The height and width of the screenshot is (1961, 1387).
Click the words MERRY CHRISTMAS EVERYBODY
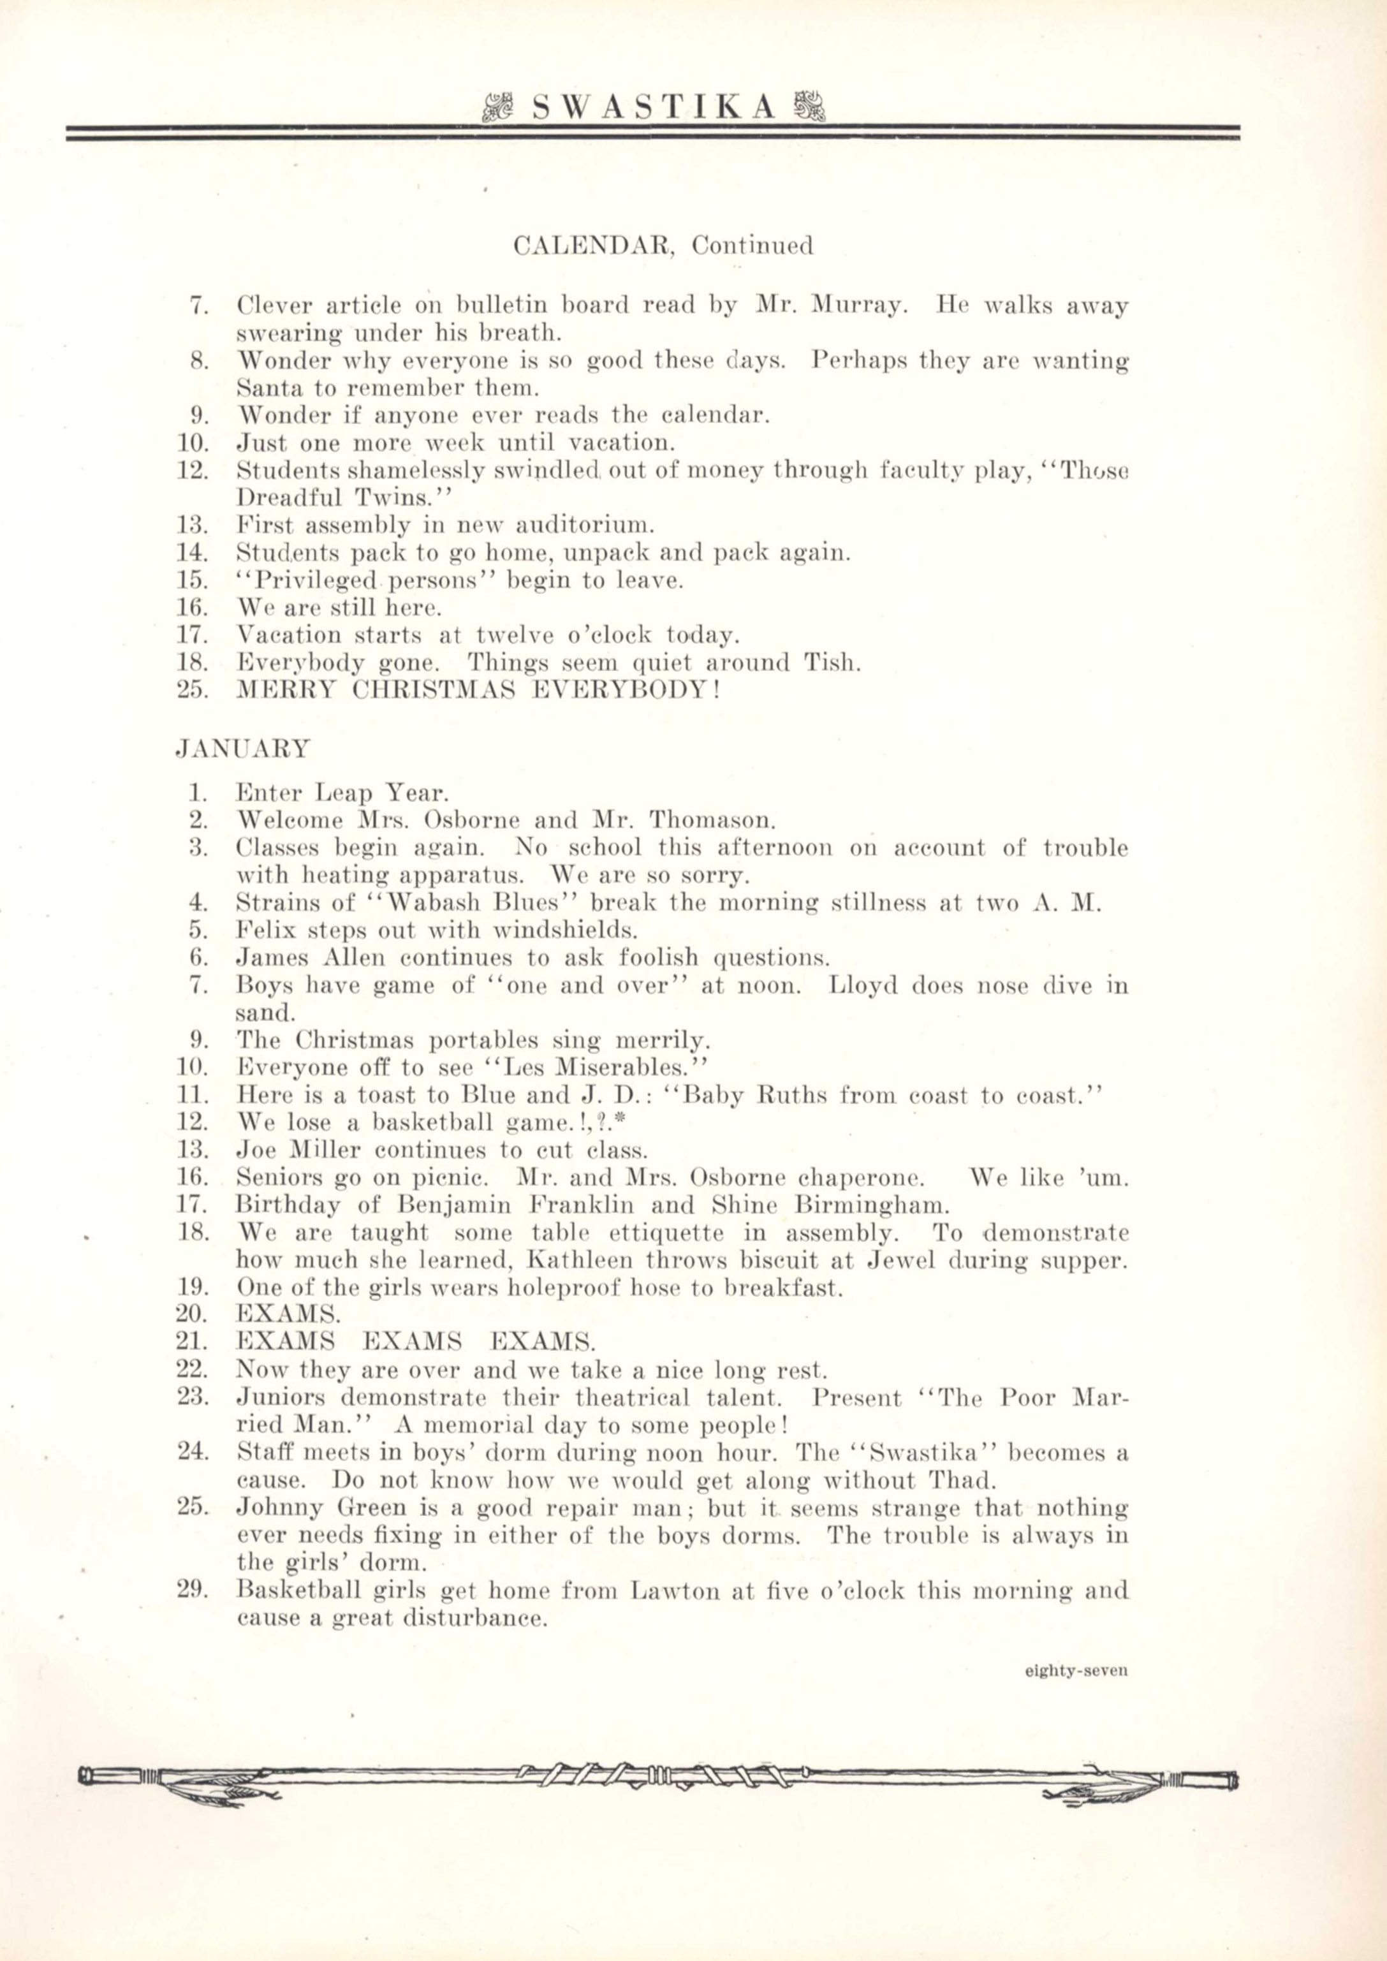click(478, 689)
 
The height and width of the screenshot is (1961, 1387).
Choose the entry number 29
click(194, 1590)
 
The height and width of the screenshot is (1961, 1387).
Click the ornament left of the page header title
click(496, 108)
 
